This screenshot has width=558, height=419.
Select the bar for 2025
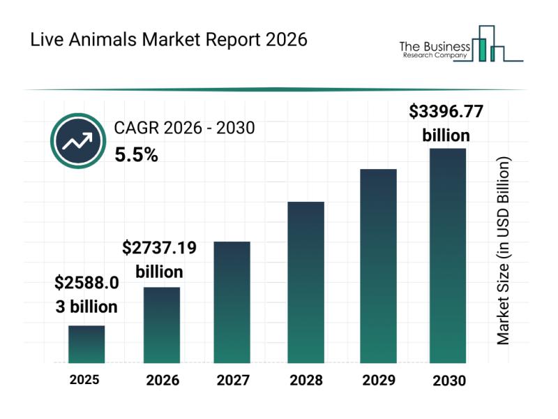pos(86,344)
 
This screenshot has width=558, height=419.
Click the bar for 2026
pos(162,325)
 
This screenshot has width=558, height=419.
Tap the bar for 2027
pos(232,302)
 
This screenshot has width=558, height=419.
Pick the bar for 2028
pos(306,282)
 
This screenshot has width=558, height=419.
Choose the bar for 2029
pos(378,265)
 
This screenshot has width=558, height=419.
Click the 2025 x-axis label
pos(84,380)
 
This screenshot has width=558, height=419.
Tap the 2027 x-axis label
pos(232,381)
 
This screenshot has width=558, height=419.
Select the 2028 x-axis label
pos(306,381)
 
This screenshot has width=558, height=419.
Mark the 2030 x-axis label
pos(448,381)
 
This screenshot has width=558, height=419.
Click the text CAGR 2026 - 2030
pos(184,128)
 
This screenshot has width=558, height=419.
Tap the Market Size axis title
pos(504,250)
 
